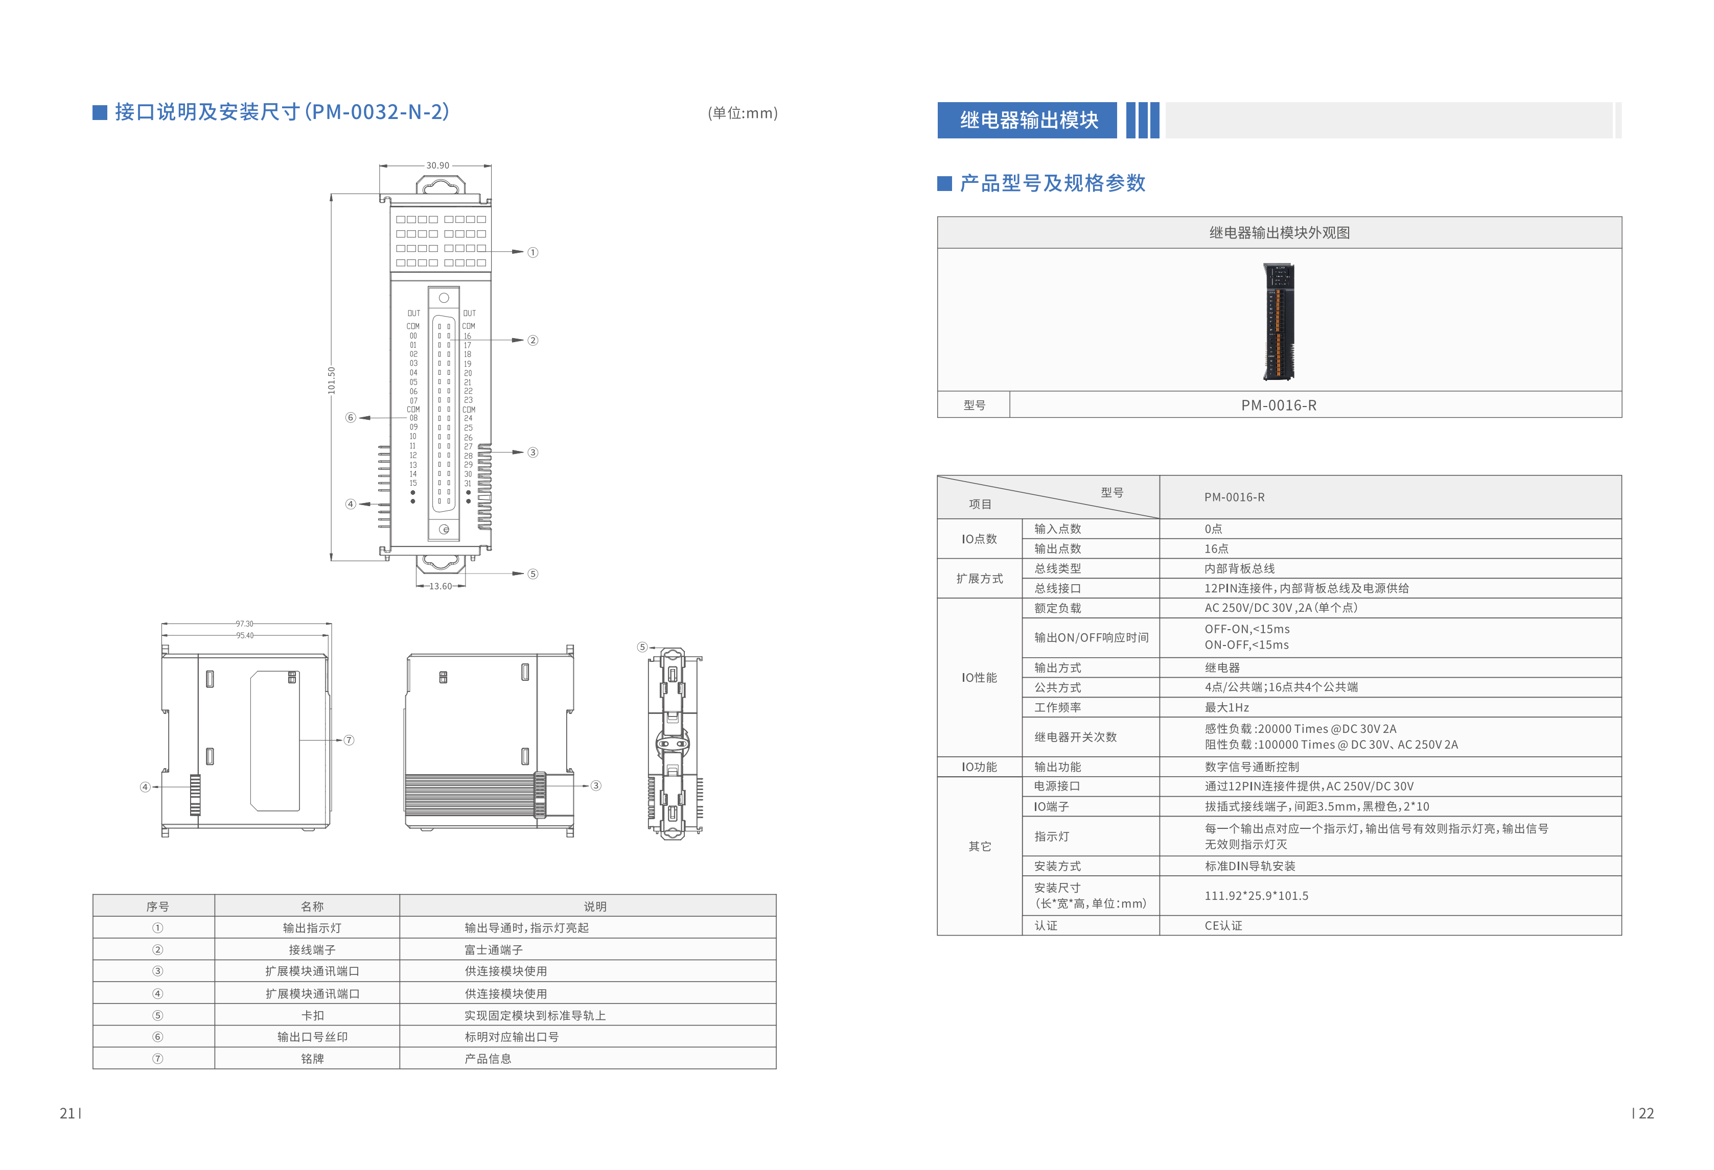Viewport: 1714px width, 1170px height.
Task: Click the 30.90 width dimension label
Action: point(437,165)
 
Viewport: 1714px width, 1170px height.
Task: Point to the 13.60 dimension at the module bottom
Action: point(441,586)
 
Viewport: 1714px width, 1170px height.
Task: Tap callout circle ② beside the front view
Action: point(532,340)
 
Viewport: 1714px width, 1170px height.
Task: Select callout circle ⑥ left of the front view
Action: point(351,417)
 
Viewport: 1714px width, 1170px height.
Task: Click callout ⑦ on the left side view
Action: point(349,739)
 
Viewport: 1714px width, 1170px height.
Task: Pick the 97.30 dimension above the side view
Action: point(244,624)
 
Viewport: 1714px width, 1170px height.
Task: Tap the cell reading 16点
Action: point(1216,548)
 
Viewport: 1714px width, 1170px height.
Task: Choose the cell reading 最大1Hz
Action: point(1226,707)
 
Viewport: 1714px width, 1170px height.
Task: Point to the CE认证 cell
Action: point(1223,925)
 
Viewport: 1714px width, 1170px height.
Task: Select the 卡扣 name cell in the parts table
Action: point(312,1015)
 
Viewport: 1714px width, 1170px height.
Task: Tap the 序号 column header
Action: point(157,906)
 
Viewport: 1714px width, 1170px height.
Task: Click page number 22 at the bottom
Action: point(1646,1113)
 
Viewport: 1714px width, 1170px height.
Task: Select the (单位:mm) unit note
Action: point(742,113)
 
